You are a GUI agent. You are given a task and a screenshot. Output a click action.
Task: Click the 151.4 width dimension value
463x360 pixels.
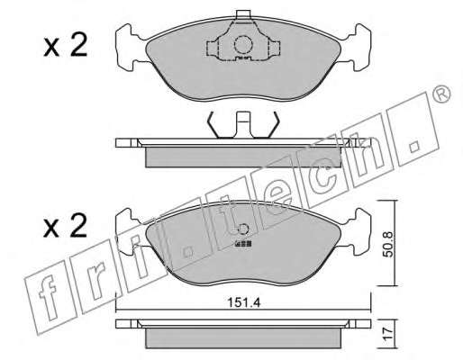(x=243, y=302)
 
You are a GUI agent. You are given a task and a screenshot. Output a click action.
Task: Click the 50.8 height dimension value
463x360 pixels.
(x=388, y=244)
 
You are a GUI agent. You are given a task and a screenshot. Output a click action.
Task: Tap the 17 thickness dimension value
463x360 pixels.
(x=388, y=334)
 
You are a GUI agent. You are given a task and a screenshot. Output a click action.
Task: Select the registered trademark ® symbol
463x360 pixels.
(x=441, y=94)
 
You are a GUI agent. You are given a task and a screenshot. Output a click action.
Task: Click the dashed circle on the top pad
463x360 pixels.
(x=242, y=45)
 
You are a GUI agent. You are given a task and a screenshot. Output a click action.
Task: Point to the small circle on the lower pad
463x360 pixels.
(x=242, y=229)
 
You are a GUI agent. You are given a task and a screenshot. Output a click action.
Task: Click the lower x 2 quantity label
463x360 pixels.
(x=66, y=226)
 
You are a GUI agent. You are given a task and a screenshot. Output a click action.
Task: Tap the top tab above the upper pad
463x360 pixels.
(x=243, y=14)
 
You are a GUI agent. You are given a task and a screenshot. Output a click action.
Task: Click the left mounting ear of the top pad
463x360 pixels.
(x=129, y=48)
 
